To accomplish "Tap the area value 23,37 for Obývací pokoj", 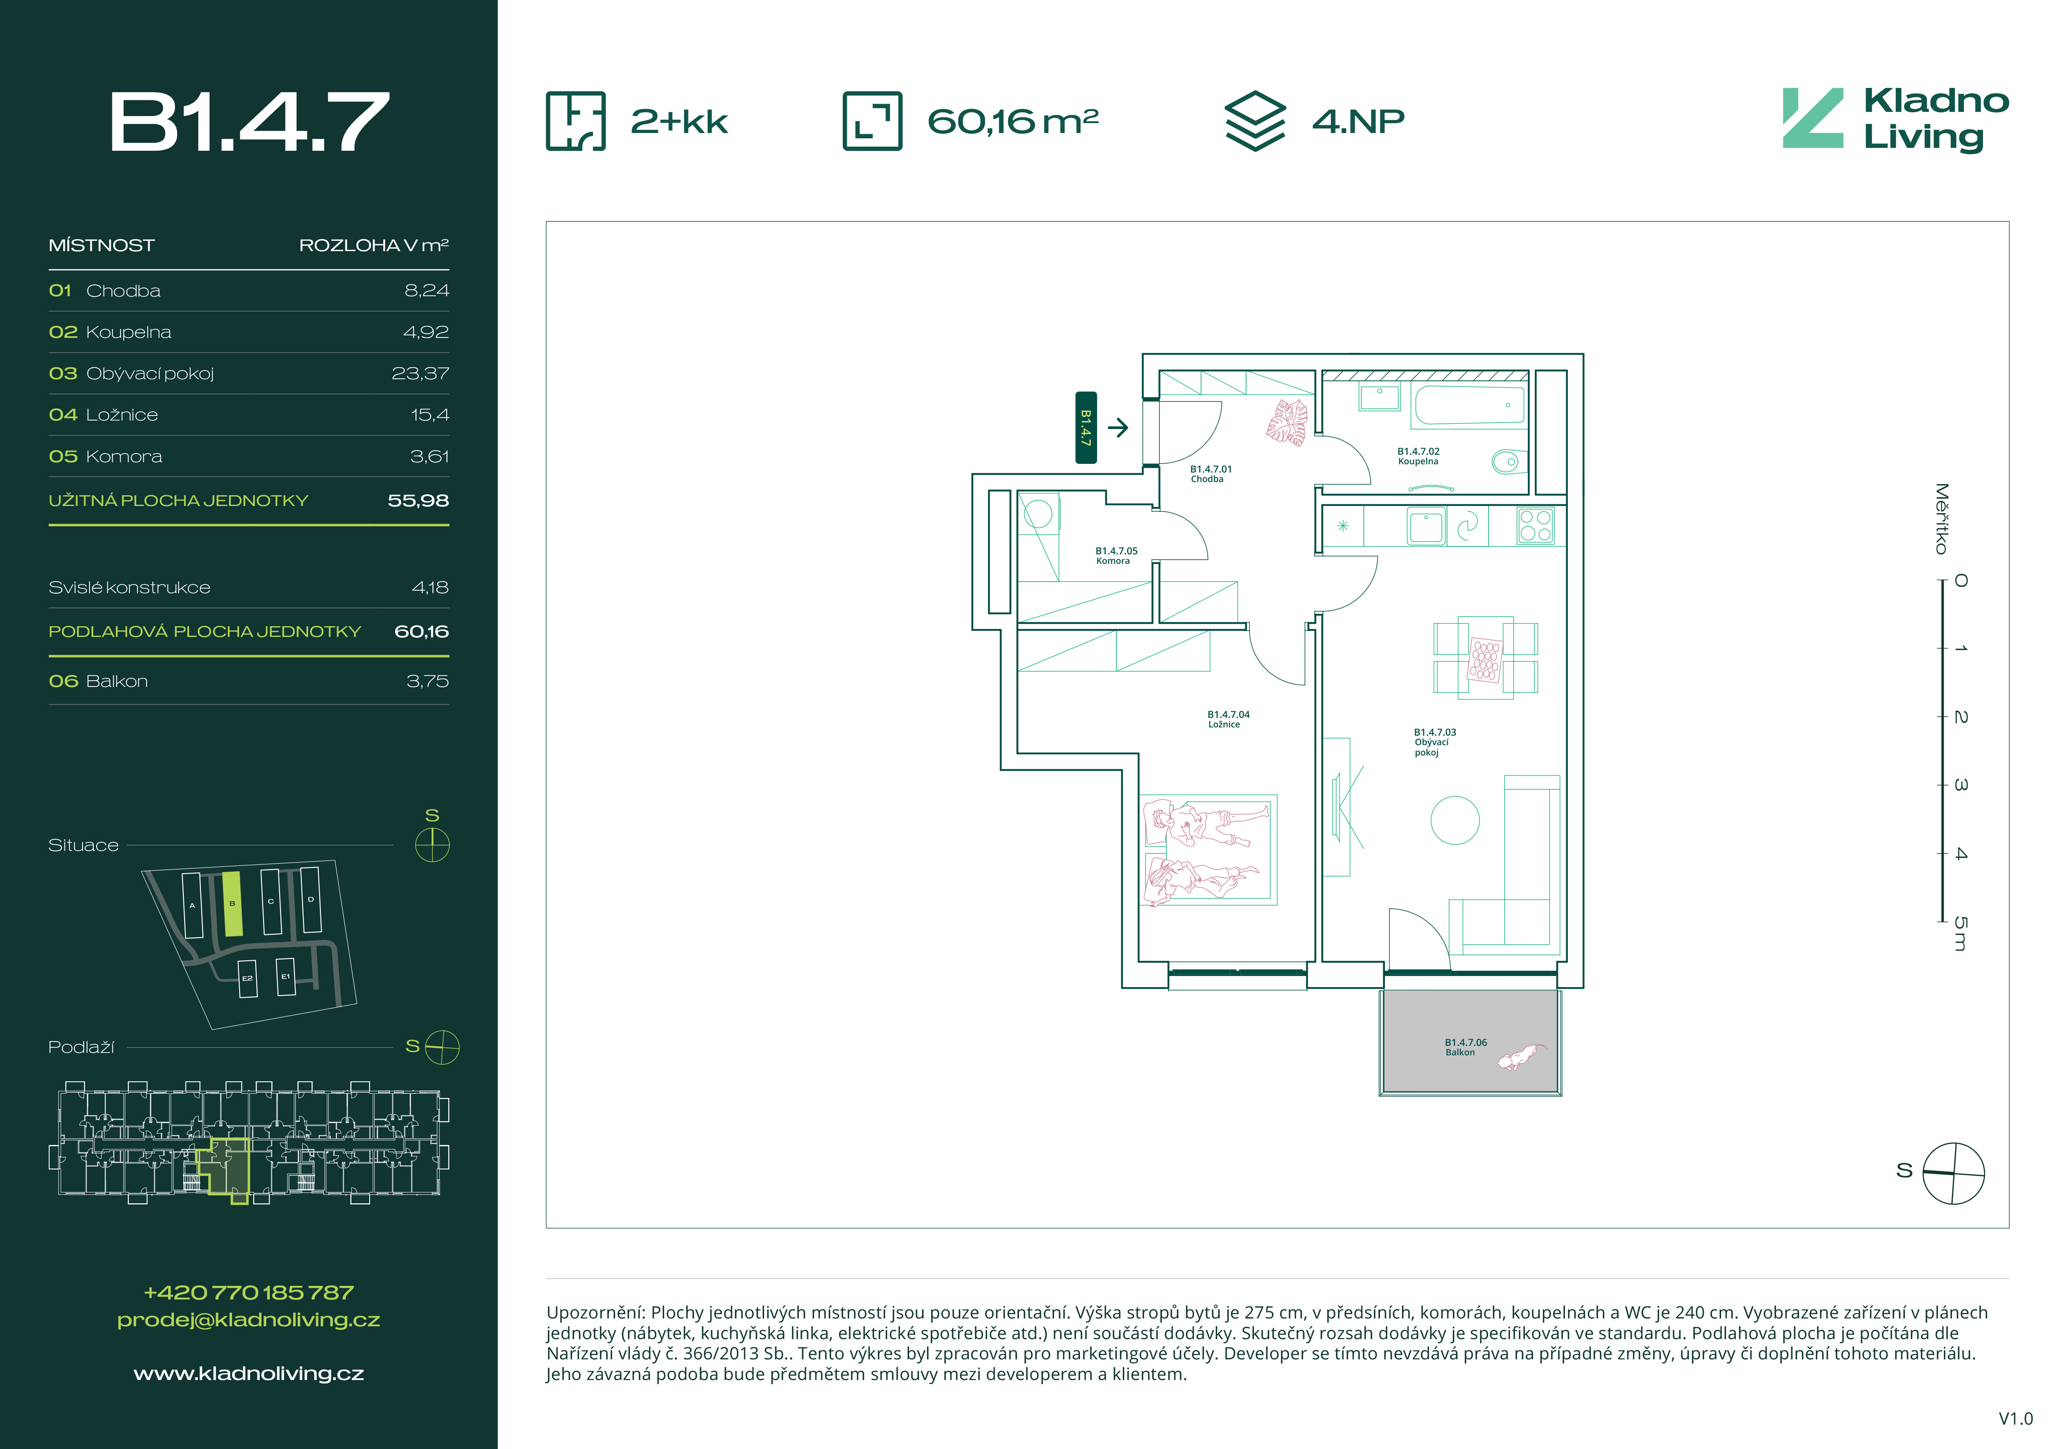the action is (x=420, y=373).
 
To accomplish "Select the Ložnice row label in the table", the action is (x=122, y=415).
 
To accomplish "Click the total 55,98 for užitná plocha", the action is (x=418, y=501).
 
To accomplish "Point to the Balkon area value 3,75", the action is (x=427, y=681).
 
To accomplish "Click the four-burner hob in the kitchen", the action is (x=1535, y=525).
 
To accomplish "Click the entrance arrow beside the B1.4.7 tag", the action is (x=1117, y=428).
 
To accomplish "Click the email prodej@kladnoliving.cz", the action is (x=249, y=1320).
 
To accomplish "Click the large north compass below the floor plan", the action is (x=1954, y=1172).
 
